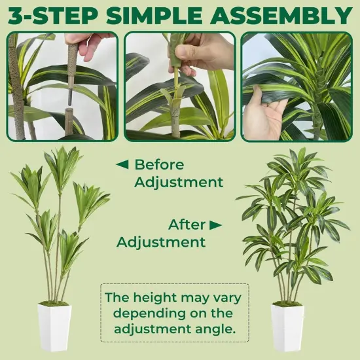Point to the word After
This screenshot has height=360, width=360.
click(x=187, y=225)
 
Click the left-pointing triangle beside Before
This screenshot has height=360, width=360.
click(x=122, y=164)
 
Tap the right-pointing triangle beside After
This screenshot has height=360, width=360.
click(x=216, y=225)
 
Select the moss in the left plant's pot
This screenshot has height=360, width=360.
click(x=54, y=304)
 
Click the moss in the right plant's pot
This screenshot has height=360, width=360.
click(x=288, y=304)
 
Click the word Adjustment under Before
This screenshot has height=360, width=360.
click(x=179, y=182)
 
